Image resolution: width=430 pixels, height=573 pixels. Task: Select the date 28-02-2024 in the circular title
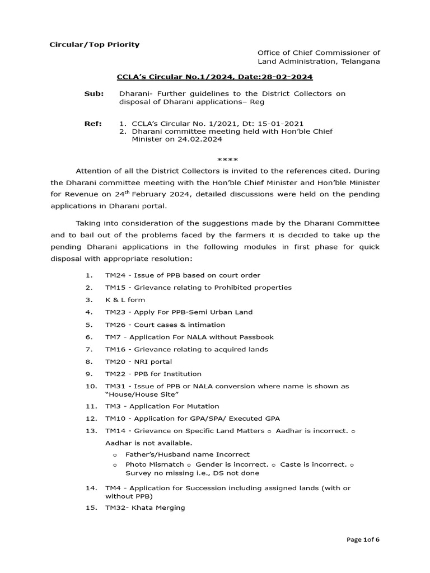(292, 77)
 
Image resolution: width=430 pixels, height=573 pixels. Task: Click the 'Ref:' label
(93, 123)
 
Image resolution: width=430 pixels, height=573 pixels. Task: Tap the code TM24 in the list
(115, 275)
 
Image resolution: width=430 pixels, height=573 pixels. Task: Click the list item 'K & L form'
(125, 300)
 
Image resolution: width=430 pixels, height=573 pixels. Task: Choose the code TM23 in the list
(115, 312)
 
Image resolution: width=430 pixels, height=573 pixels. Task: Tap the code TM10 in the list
(115, 419)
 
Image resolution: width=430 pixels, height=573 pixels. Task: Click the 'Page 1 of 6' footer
(363, 540)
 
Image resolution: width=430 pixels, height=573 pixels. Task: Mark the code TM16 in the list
(115, 349)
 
